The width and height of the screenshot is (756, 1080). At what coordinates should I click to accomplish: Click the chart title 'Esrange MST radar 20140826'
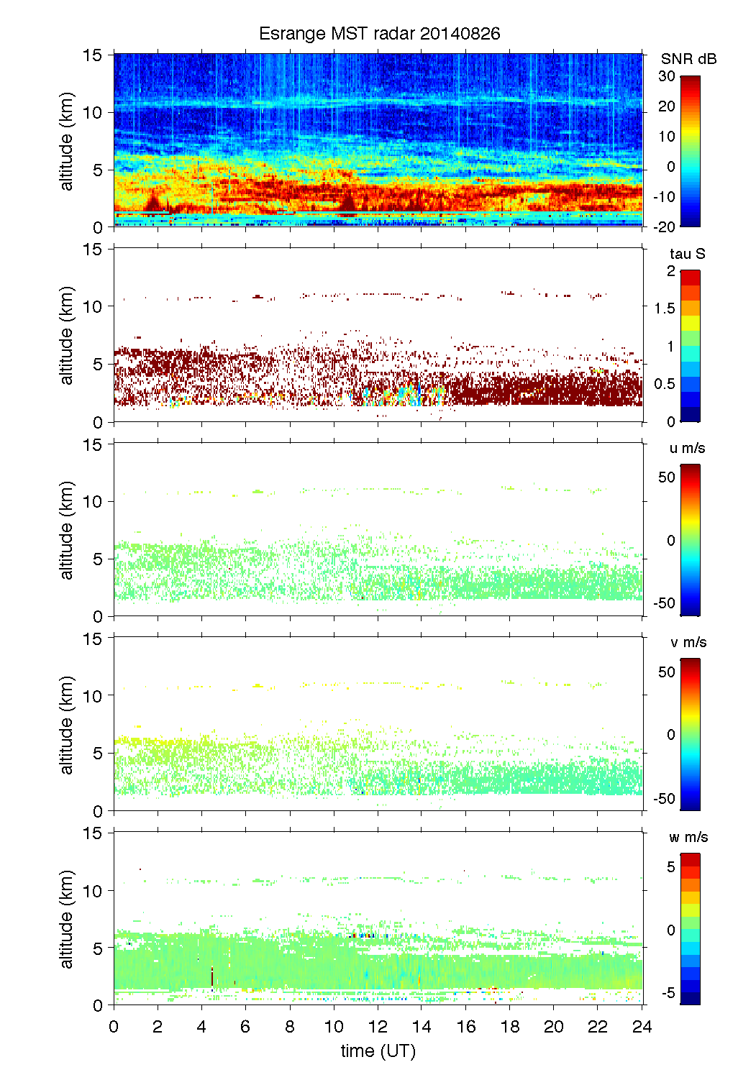[379, 34]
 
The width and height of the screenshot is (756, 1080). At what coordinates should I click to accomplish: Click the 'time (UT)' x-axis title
[378, 1051]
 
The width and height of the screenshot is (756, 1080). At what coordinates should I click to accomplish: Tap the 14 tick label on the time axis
[422, 1026]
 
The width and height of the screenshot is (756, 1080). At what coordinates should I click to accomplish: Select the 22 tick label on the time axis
[598, 1026]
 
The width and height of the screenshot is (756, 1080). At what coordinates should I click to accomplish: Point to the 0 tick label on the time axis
[114, 1026]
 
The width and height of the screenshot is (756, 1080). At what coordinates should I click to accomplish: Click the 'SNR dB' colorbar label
[688, 59]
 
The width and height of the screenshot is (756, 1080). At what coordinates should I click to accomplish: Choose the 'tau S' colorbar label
[687, 254]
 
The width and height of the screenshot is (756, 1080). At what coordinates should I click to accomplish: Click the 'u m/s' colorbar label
[687, 448]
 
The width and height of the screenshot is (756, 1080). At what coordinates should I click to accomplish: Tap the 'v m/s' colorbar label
[688, 642]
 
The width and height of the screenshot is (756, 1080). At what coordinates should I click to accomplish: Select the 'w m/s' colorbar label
[688, 837]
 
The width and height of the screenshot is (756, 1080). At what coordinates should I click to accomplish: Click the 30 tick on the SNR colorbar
[667, 76]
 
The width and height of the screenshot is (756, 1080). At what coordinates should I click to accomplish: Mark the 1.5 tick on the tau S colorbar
[664, 308]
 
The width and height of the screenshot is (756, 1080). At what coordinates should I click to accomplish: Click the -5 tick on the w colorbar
[668, 993]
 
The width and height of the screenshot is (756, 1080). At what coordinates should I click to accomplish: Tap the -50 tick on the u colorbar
[664, 603]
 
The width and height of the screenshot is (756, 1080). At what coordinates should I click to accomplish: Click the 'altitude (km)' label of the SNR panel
[67, 141]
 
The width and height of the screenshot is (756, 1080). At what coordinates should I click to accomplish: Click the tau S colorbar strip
[690, 346]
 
